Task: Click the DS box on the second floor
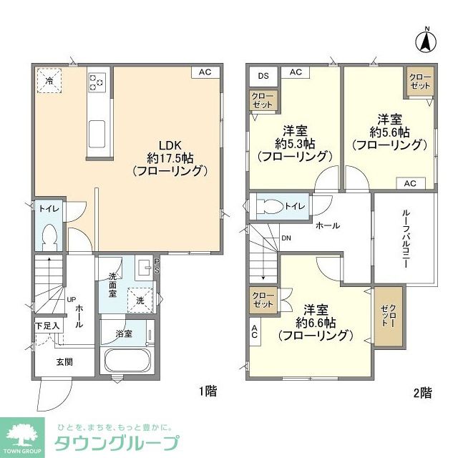tap(263, 74)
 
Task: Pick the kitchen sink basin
tap(97, 133)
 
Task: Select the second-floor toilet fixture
tap(268, 206)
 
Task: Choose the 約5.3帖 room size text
tap(295, 143)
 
